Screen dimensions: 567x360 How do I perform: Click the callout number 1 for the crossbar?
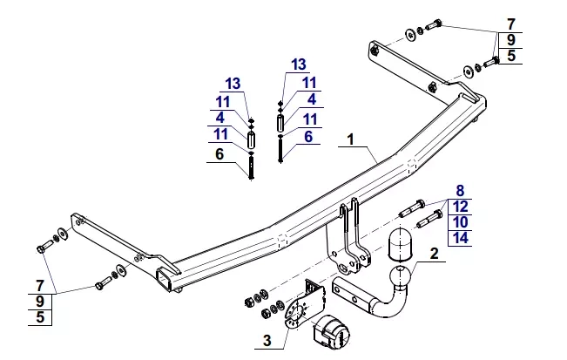(350, 139)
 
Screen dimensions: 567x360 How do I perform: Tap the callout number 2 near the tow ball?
(434, 254)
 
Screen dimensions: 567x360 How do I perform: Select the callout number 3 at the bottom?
(267, 341)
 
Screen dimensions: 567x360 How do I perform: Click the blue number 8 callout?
(460, 190)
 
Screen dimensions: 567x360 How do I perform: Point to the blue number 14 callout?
(461, 238)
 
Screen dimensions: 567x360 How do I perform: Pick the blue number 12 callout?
(461, 207)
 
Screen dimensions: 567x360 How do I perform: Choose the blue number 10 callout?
(461, 222)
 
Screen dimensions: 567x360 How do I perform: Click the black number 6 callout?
(219, 154)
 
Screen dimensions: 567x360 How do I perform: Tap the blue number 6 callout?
(308, 137)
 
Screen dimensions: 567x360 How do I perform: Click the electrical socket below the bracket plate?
(330, 332)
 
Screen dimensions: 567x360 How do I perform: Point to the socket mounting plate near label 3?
(297, 313)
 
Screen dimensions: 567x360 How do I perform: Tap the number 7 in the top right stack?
(510, 24)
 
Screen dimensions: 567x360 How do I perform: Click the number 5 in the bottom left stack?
(40, 317)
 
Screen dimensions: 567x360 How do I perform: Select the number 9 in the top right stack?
(510, 40)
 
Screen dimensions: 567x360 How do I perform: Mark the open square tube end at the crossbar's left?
(164, 279)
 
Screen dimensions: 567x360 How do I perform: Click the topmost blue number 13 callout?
(299, 65)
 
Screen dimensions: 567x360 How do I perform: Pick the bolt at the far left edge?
(44, 247)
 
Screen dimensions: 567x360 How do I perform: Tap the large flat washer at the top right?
(410, 34)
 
